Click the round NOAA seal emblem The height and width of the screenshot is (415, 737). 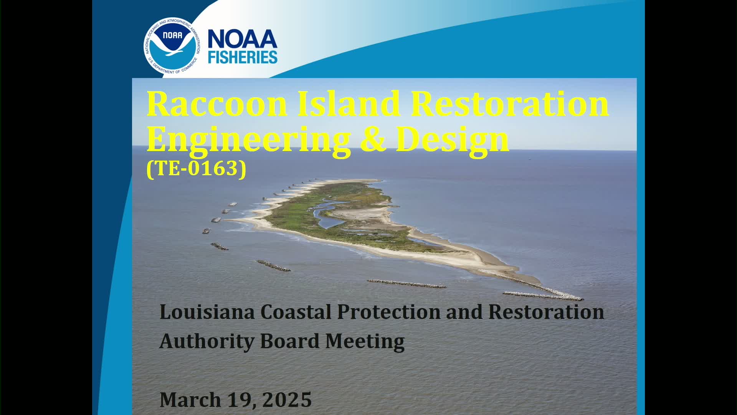point(172,46)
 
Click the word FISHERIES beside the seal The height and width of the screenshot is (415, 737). point(243,57)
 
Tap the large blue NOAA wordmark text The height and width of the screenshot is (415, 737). point(243,40)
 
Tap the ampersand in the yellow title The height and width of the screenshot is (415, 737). point(373,139)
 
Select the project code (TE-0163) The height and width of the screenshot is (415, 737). point(196,168)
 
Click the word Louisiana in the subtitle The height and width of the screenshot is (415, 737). point(207,312)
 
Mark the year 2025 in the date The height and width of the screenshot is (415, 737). point(287,400)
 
